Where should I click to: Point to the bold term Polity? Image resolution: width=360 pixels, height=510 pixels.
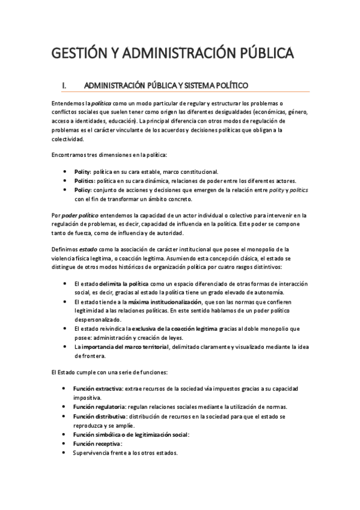coord(83,171)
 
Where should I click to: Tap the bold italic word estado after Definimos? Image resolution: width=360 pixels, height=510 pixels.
coord(89,249)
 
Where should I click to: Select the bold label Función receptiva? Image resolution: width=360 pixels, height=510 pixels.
coord(96,444)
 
